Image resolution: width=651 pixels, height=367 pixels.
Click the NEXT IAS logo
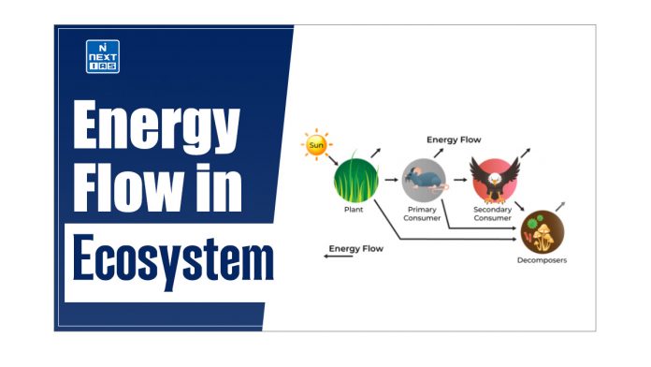[102, 56]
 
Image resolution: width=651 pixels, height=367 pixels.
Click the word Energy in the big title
[155, 128]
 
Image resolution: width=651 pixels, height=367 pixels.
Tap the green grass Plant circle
[355, 176]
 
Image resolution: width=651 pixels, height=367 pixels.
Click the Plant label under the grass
[354, 211]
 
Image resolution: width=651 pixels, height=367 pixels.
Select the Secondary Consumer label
[494, 215]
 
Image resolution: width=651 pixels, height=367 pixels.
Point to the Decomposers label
[542, 260]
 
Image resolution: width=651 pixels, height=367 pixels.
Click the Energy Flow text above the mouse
[454, 140]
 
